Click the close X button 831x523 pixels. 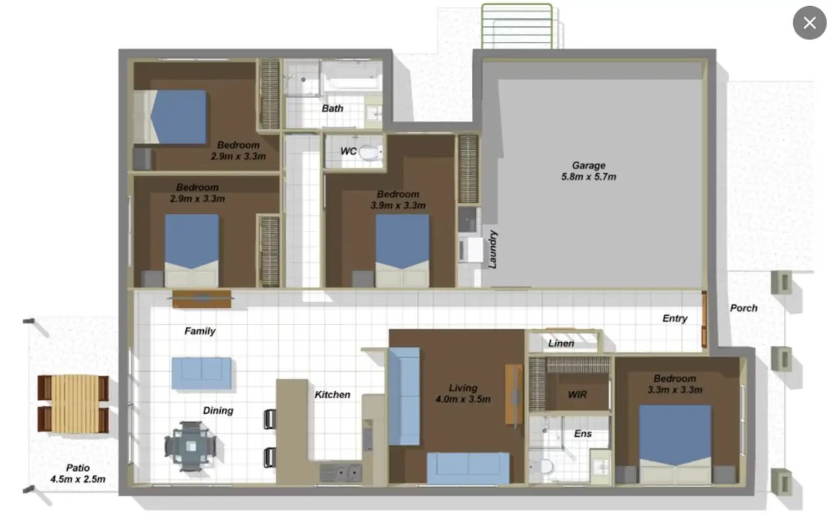point(809,23)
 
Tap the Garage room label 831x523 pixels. point(588,165)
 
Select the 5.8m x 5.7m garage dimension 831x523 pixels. point(588,177)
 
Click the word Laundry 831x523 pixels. point(492,249)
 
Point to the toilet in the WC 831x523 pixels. point(369,152)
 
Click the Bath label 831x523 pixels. point(332,108)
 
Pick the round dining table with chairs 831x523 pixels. point(191,446)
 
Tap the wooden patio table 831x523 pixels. point(73,404)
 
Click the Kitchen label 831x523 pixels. point(332,395)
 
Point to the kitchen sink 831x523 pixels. point(340,472)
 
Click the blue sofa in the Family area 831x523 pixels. point(202,373)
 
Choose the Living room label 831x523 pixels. point(463,388)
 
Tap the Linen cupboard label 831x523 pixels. point(561,343)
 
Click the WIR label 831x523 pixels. point(577,395)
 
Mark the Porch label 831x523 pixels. point(743,308)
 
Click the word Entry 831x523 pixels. point(675,319)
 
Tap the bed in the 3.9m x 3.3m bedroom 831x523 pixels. point(402,249)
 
